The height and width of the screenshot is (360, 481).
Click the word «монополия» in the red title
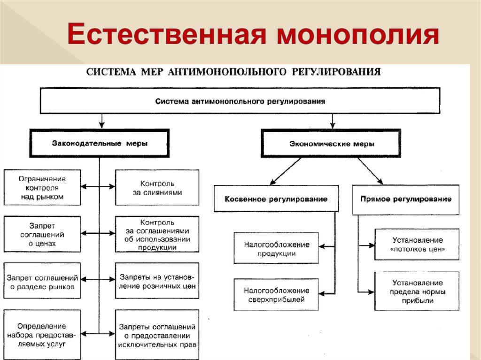[357, 37]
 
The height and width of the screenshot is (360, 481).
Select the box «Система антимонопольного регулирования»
[240, 101]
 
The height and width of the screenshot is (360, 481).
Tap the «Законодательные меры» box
[99, 144]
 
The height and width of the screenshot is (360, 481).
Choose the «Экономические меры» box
[333, 144]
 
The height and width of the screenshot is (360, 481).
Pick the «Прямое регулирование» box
[405, 199]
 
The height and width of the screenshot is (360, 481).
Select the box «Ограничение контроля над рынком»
[42, 187]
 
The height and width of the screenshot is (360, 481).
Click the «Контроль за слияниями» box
[157, 187]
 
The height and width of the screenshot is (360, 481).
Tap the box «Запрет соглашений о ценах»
[42, 234]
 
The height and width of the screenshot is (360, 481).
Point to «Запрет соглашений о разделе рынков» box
[42, 281]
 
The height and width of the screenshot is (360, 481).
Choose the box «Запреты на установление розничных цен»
[157, 281]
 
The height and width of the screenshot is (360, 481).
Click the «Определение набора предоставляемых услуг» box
[42, 335]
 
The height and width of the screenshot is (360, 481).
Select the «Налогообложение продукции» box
[276, 249]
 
